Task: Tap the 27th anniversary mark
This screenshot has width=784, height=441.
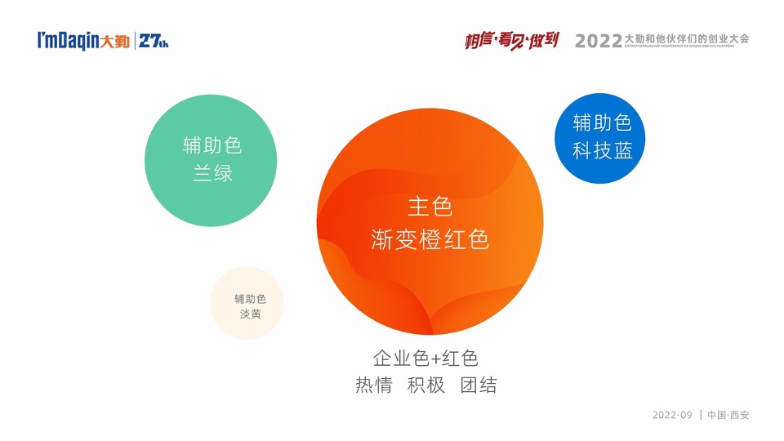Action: point(154,41)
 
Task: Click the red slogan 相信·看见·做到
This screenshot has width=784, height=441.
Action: point(512,39)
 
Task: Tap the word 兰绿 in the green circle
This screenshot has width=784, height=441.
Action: point(212,173)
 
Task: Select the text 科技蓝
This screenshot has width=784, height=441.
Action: point(603,150)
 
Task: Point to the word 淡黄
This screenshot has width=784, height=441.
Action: point(250,313)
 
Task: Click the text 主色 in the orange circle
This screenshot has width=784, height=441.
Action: point(430,206)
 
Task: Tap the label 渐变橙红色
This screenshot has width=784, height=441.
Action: point(430,240)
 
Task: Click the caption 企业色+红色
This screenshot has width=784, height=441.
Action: point(425,358)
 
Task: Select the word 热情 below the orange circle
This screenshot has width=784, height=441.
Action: point(373,385)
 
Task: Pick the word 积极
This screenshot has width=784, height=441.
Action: point(426,385)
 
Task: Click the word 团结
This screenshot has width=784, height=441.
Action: point(479,385)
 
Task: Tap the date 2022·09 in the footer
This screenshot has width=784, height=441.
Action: point(671,415)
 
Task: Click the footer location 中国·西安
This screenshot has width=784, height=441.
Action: point(728,415)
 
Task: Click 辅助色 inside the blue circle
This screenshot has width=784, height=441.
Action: point(603,122)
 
